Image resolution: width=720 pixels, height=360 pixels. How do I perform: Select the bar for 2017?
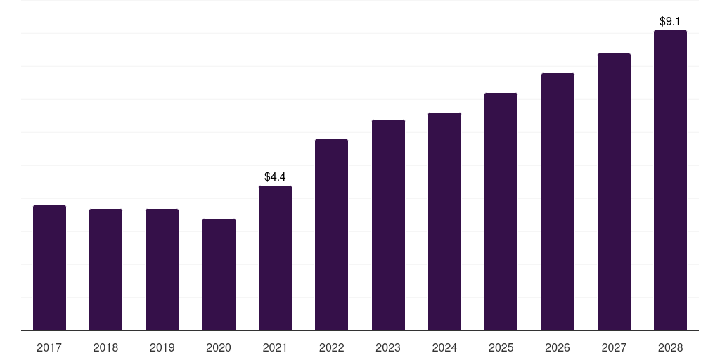tap(50, 268)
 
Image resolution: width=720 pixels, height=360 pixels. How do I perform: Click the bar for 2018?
tap(105, 270)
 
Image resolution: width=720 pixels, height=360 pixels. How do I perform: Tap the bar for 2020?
tap(219, 275)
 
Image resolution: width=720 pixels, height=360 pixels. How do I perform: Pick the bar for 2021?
tap(275, 258)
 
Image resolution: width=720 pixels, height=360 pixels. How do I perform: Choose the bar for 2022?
tap(332, 235)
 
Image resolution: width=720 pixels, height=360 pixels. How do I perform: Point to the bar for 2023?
tap(388, 225)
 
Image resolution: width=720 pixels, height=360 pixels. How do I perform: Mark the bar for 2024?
tap(444, 221)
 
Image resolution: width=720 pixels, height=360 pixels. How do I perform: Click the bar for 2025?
tap(501, 212)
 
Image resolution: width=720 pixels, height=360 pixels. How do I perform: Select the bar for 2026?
tap(558, 202)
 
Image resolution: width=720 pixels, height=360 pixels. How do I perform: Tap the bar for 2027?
tap(614, 192)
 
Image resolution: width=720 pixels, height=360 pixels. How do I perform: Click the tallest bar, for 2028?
tap(670, 181)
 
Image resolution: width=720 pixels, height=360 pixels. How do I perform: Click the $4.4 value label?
tap(275, 176)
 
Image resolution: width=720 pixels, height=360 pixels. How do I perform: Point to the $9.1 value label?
tap(670, 21)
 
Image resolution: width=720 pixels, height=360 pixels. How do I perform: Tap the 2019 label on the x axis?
tap(162, 347)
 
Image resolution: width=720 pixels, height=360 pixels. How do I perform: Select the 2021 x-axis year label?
tap(275, 347)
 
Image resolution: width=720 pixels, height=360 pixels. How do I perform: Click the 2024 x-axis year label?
tap(444, 347)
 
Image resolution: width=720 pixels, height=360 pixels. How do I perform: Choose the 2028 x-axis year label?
tap(670, 347)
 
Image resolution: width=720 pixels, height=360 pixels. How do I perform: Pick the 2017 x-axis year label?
tap(49, 347)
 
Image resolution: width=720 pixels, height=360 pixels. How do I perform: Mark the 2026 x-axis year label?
tap(558, 347)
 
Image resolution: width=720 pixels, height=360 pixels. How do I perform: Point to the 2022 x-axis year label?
tap(332, 347)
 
